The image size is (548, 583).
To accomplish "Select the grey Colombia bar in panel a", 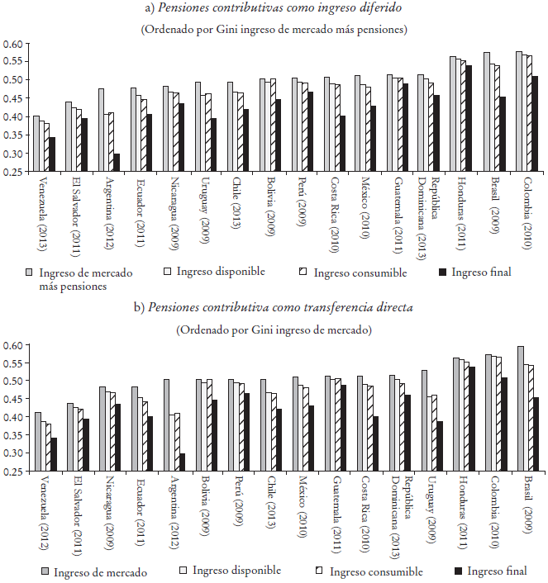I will tap(519, 111).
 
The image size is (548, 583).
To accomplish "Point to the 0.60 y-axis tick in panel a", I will tap(14, 43).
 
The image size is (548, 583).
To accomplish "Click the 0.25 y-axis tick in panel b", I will tap(14, 472).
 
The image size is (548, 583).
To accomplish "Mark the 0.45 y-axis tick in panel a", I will tap(14, 98).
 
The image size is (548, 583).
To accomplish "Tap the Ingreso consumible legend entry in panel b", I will tap(376, 571).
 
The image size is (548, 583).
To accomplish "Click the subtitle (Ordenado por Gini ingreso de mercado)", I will tap(274, 329).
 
